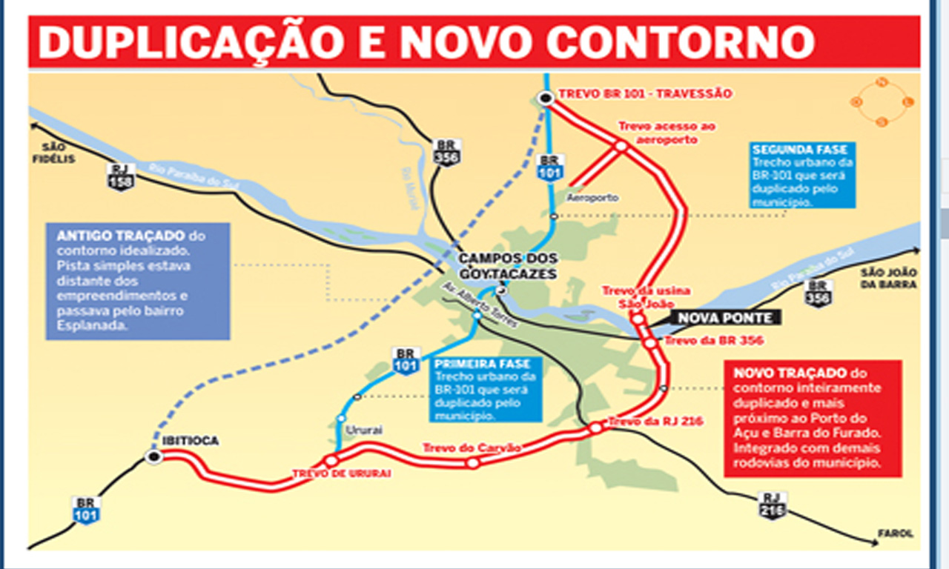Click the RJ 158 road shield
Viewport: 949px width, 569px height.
coord(121,176)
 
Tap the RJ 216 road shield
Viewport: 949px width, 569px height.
coord(773,505)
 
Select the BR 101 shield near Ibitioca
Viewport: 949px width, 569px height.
coord(86,510)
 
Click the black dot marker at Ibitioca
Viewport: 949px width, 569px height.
coord(153,457)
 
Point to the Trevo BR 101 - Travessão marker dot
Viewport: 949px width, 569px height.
coord(546,98)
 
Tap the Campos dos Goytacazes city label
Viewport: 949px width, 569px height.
coord(507,265)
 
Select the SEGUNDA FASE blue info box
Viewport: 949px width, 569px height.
coord(801,175)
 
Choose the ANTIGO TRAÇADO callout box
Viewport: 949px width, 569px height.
coord(138,281)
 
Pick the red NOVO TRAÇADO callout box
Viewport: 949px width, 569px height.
coord(813,418)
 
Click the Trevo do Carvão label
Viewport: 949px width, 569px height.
coord(472,448)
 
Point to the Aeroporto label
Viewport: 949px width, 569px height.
coord(592,198)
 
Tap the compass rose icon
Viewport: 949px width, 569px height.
coord(882,102)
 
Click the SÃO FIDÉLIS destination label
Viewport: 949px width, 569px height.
coord(58,153)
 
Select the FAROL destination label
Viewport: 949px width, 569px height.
coord(896,533)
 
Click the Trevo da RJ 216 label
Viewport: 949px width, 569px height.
coord(655,422)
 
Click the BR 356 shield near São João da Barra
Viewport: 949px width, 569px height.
coord(819,293)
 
